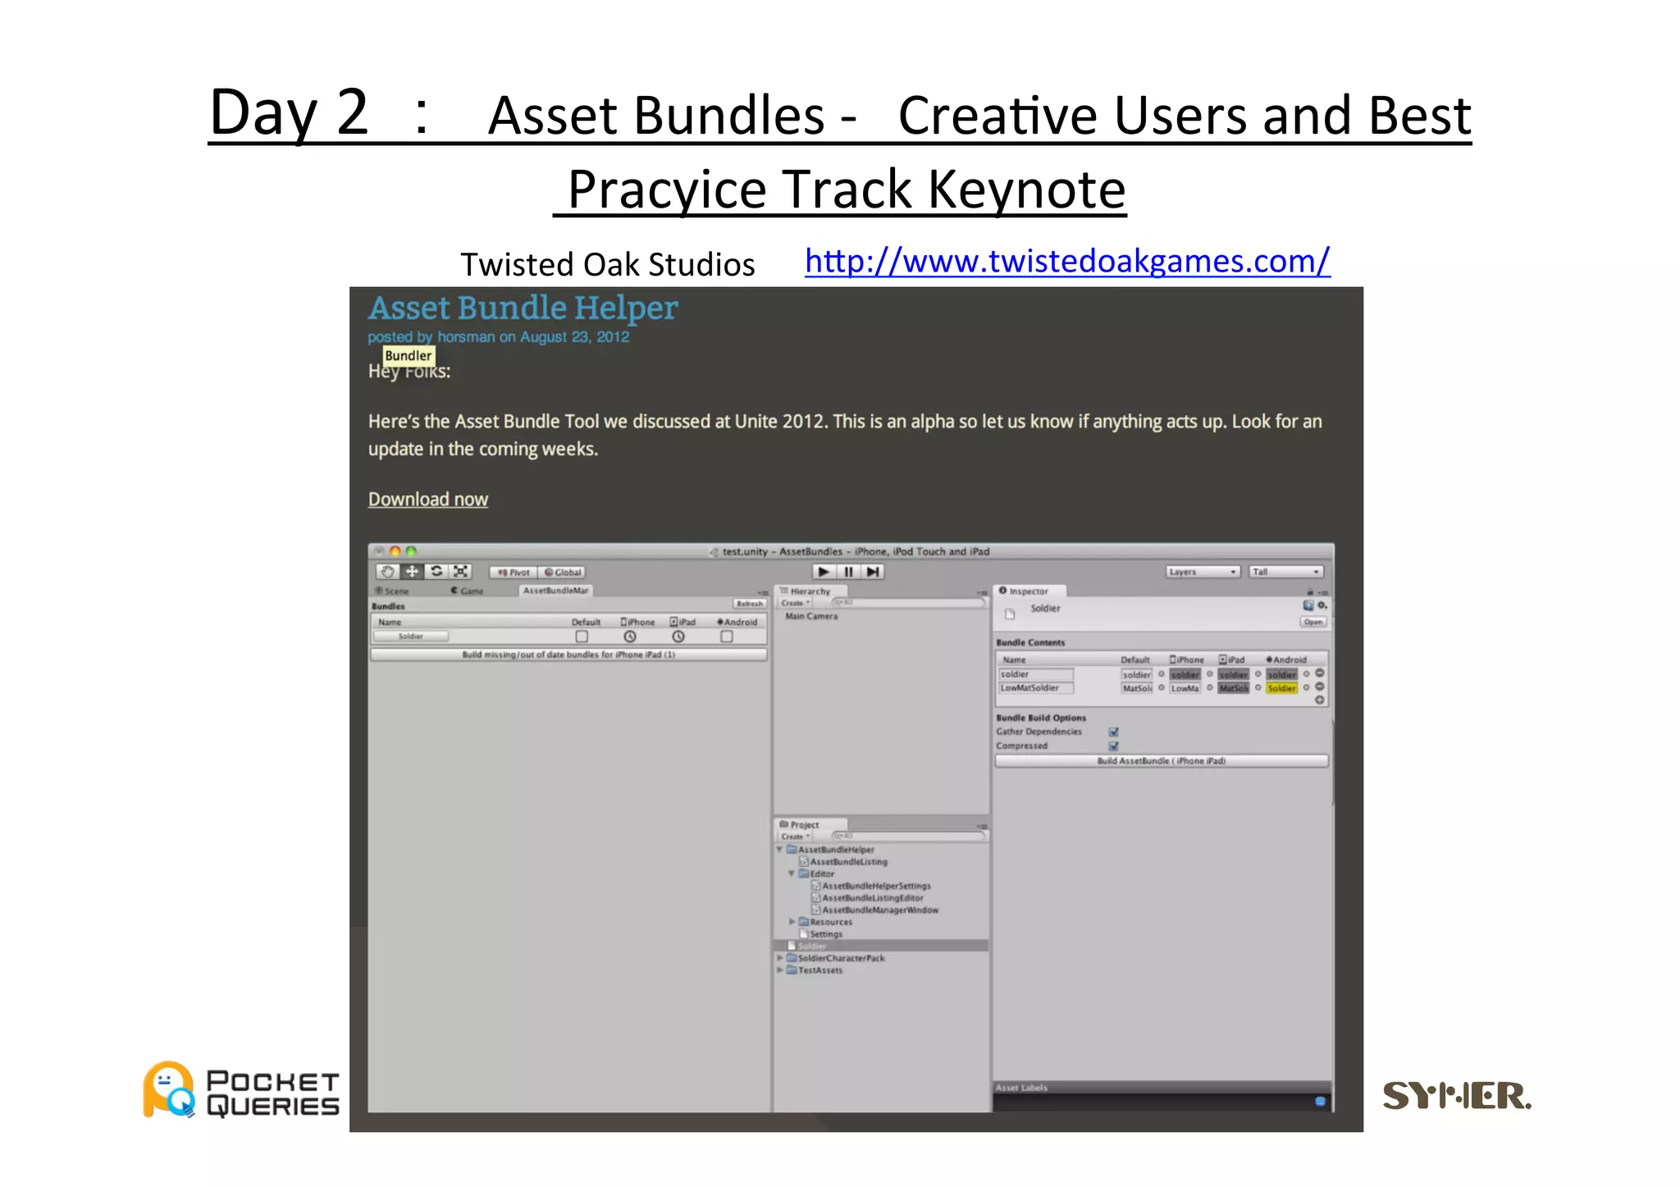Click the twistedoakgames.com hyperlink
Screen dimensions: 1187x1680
[1066, 262]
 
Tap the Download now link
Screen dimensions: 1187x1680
[427, 499]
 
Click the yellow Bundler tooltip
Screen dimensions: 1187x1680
[408, 355]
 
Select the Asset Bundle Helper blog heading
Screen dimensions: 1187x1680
[523, 308]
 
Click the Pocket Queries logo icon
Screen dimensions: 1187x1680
[169, 1089]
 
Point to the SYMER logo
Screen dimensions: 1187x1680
[1456, 1095]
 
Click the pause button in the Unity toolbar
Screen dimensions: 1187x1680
[848, 572]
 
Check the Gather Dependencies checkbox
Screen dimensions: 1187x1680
[1113, 732]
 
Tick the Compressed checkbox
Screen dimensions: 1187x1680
[1113, 746]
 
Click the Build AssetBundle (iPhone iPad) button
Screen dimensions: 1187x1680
[1161, 761]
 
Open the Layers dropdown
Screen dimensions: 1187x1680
[1202, 572]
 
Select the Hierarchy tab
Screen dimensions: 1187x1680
[809, 591]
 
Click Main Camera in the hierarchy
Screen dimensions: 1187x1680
[811, 616]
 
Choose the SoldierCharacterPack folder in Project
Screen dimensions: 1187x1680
[841, 958]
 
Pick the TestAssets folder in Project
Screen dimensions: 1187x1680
[819, 970]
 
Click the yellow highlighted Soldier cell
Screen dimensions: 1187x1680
[1281, 688]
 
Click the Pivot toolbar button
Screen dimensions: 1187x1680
[514, 573]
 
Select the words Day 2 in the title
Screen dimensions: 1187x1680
[289, 112]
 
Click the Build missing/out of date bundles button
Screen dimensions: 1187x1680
[568, 655]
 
